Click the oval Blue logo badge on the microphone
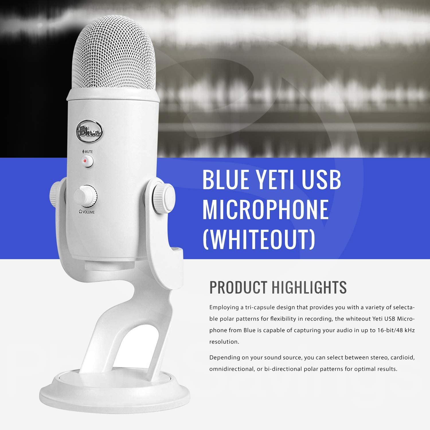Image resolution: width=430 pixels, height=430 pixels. [89, 132]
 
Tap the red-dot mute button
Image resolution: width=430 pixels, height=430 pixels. [87, 161]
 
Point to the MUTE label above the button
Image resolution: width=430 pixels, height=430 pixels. [87, 151]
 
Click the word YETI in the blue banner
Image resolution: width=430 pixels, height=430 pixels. [271, 179]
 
